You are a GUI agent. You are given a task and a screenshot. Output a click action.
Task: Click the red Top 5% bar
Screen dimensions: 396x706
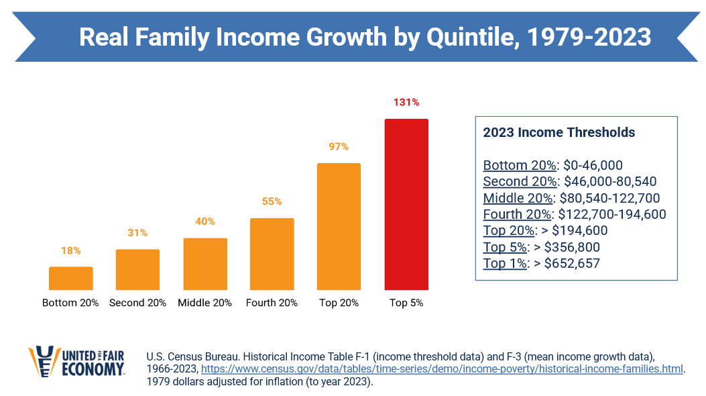406,204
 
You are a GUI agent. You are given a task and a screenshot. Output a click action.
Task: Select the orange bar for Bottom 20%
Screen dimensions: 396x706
70,278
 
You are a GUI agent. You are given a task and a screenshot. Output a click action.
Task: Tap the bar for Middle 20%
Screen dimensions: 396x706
204,264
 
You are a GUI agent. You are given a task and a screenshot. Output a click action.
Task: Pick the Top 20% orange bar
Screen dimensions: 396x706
339,226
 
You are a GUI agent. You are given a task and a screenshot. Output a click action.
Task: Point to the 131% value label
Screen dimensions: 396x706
406,102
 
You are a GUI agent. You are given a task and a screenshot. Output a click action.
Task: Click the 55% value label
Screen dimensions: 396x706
272,201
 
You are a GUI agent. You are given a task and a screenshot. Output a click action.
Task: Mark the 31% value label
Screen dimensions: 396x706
137,233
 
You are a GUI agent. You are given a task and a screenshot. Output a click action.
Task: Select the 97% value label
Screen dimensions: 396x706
339,146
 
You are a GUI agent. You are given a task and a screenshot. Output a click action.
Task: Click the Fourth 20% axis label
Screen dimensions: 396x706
272,303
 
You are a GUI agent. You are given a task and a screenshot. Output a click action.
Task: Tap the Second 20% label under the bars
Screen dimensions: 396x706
137,303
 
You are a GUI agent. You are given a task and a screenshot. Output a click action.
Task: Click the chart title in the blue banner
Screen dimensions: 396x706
365,37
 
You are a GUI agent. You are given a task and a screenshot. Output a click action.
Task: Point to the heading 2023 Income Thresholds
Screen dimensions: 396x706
559,132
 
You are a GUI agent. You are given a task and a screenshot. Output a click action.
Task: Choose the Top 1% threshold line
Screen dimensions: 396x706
541,263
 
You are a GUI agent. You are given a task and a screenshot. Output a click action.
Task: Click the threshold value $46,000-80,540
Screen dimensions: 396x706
610,181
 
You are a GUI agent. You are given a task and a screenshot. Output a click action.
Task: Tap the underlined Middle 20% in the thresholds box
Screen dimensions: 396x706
518,198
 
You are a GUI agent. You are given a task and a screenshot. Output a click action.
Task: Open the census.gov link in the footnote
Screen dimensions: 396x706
442,369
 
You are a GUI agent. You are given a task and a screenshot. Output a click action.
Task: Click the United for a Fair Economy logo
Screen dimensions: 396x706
76,362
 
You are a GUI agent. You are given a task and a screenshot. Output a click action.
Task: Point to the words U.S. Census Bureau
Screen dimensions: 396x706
186,356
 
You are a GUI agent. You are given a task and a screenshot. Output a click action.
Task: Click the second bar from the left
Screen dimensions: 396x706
137,269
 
